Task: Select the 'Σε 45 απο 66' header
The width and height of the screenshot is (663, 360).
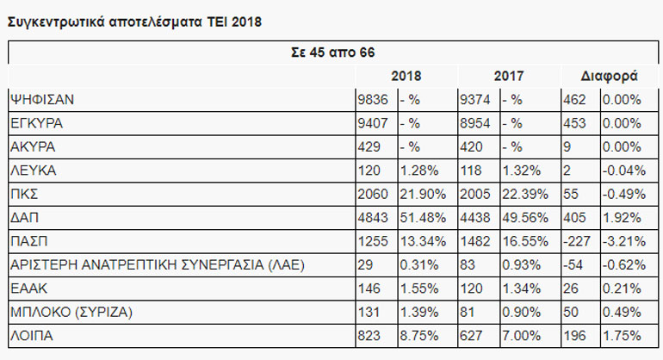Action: (331, 53)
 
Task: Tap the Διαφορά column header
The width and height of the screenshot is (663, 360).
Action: (610, 76)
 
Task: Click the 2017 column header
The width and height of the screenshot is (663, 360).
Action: (510, 76)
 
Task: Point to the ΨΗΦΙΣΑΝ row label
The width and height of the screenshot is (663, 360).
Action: (42, 99)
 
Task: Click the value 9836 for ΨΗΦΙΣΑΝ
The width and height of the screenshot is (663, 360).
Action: (375, 99)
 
